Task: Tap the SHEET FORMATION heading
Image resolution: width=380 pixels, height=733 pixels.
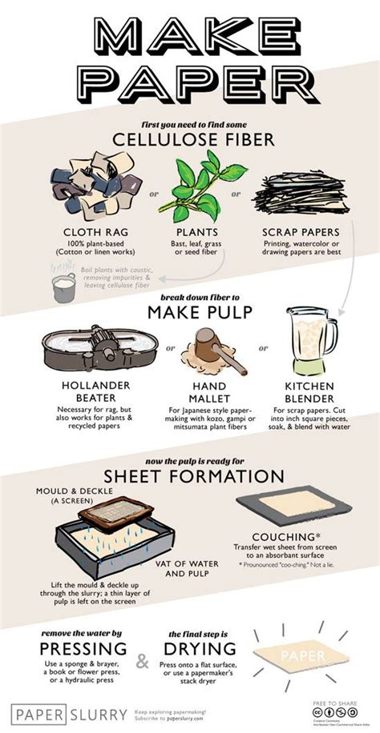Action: [190, 478]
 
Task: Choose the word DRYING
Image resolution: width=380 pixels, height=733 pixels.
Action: [201, 648]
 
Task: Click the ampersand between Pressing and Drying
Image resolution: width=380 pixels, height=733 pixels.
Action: [142, 661]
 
